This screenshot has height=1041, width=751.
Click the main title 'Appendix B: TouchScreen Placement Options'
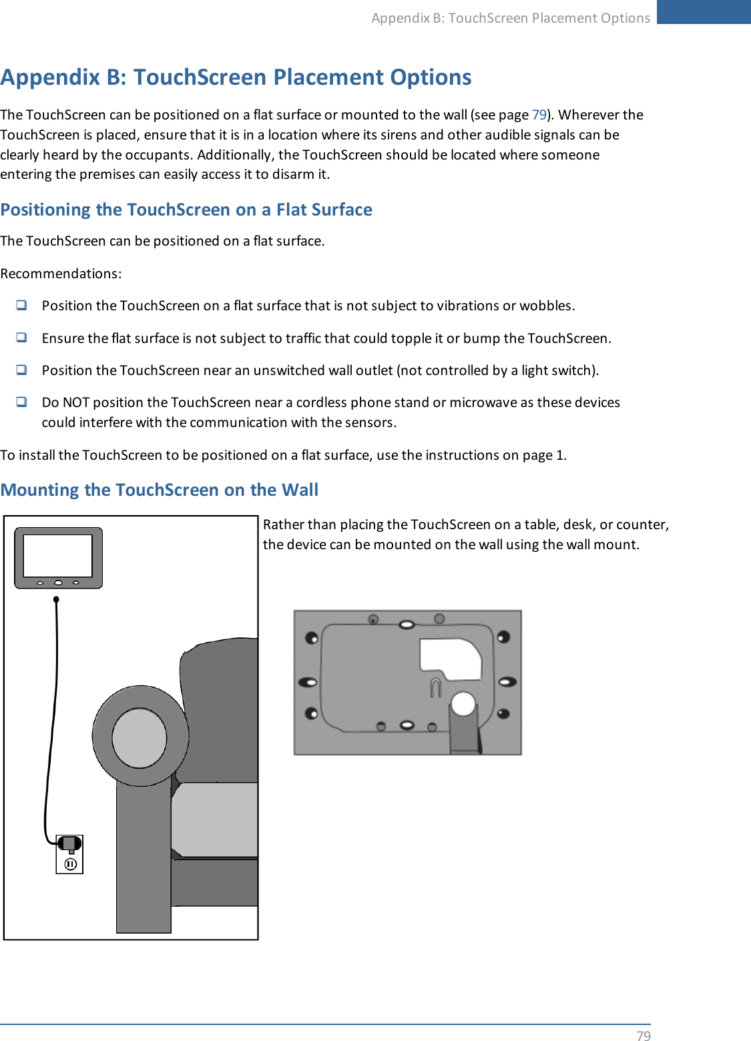click(236, 77)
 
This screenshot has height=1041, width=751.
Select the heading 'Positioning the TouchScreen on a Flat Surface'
click(186, 210)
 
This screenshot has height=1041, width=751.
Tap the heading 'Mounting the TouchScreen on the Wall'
click(160, 490)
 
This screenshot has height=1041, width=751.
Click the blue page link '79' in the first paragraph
click(539, 115)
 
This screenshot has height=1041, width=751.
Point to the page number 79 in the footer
click(643, 1035)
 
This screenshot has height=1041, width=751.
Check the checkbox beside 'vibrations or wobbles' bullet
click(22, 305)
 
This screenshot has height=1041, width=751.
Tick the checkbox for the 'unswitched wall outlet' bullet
click(22, 370)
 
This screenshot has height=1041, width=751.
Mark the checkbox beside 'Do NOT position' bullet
click(22, 402)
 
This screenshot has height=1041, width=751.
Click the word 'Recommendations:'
click(61, 274)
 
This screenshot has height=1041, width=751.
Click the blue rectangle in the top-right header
click(704, 12)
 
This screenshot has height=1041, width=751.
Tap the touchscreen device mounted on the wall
click(59, 558)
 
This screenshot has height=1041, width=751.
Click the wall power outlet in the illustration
click(70, 854)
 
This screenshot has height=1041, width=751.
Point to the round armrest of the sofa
click(140, 737)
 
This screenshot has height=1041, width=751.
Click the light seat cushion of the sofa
click(215, 819)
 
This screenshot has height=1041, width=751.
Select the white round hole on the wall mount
click(463, 703)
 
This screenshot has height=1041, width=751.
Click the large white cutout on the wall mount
click(451, 657)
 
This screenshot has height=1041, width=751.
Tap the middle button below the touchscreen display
click(59, 583)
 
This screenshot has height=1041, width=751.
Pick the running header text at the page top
click(511, 18)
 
